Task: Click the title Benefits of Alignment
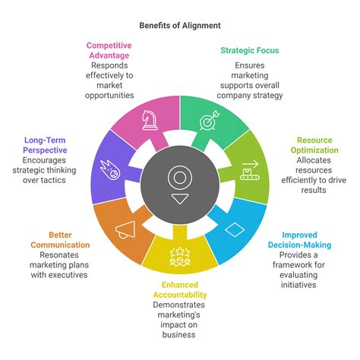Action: tap(180, 26)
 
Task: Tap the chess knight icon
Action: tap(150, 120)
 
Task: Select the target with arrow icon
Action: tap(209, 121)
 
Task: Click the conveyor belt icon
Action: tap(250, 170)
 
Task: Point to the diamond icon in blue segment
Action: tap(235, 229)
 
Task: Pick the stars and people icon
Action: tap(180, 257)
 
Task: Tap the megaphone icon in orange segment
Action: tap(125, 230)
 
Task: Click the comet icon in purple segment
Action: tap(110, 170)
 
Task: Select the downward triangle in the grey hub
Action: tap(180, 199)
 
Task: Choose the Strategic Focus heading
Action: tap(250, 50)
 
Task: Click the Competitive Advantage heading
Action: tap(109, 50)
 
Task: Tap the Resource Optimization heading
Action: tap(314, 145)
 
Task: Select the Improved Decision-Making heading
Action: tap(299, 240)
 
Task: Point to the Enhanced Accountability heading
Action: tap(180, 290)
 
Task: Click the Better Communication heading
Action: tap(60, 240)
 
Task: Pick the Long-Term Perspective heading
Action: tap(45, 145)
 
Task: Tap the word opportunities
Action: tap(109, 96)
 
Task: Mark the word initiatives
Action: tap(298, 285)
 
